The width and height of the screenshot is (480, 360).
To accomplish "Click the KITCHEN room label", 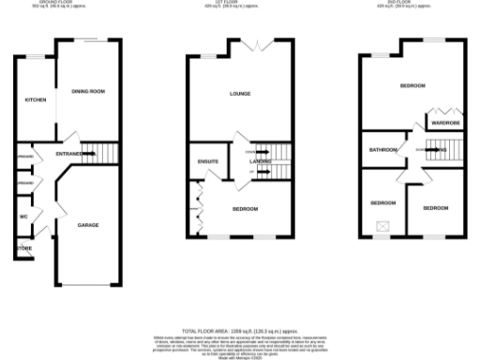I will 36,100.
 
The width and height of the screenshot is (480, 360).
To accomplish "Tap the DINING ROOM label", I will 87,91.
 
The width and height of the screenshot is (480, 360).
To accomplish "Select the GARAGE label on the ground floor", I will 88,225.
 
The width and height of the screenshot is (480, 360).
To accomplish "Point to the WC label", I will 23,217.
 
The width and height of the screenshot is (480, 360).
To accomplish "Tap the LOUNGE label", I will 240,94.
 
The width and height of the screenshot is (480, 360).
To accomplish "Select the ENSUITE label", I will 208,161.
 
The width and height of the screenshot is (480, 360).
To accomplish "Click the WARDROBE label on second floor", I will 443,122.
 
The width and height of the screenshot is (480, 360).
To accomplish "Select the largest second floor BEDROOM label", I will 412,85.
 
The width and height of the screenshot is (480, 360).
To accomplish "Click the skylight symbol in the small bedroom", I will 382,225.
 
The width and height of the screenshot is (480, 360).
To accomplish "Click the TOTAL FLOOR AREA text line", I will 240,331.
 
